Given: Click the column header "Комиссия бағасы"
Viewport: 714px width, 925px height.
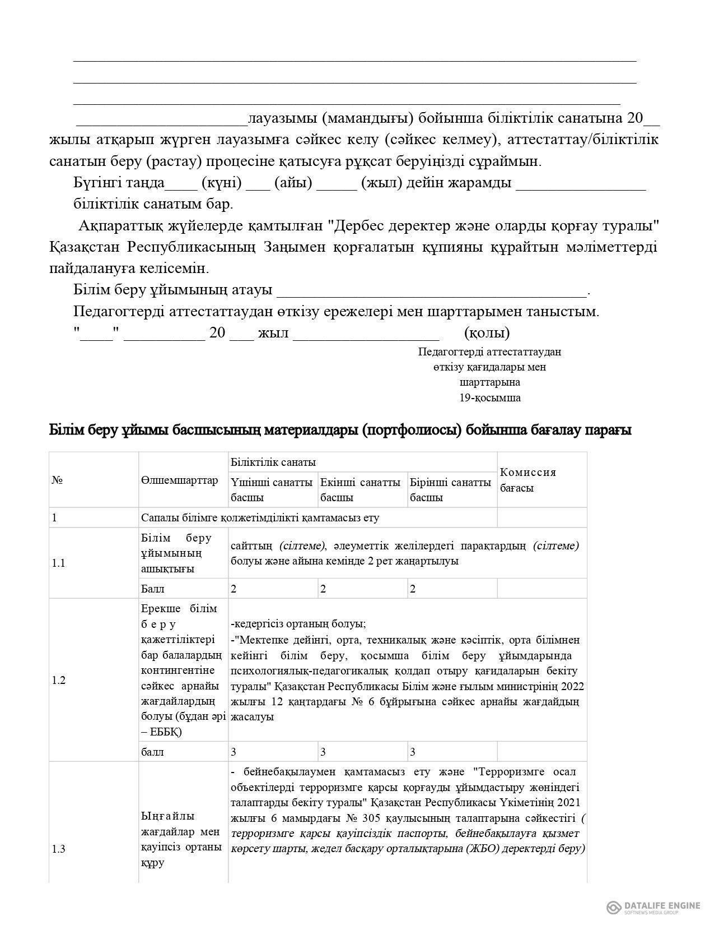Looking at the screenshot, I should tap(528, 480).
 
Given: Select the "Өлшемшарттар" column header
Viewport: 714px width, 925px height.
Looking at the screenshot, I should tap(180, 480).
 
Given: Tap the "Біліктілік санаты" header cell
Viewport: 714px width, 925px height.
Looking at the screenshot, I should tap(273, 462).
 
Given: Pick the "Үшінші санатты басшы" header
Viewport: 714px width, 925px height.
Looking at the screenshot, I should tap(272, 490).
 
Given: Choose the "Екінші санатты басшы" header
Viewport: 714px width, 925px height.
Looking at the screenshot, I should tap(361, 490).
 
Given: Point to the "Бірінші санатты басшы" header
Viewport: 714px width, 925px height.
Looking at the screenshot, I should tap(450, 490).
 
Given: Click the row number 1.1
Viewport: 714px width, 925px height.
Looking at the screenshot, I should tap(59, 563).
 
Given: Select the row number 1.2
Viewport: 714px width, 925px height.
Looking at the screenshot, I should tap(59, 681).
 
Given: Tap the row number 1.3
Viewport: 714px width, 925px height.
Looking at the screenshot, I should tap(59, 849).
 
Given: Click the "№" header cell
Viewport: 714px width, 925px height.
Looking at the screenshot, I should tap(57, 480).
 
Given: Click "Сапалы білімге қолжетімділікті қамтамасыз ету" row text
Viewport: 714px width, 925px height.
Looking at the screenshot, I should tap(260, 517).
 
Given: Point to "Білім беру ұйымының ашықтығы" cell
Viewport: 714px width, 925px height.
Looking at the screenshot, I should tap(176, 553).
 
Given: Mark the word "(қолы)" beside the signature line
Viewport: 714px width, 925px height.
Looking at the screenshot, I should tap(487, 333).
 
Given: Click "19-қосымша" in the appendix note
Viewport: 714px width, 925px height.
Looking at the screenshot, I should tap(490, 398).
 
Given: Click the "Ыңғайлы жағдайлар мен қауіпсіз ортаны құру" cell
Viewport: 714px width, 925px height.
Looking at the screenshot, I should tap(180, 839).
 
